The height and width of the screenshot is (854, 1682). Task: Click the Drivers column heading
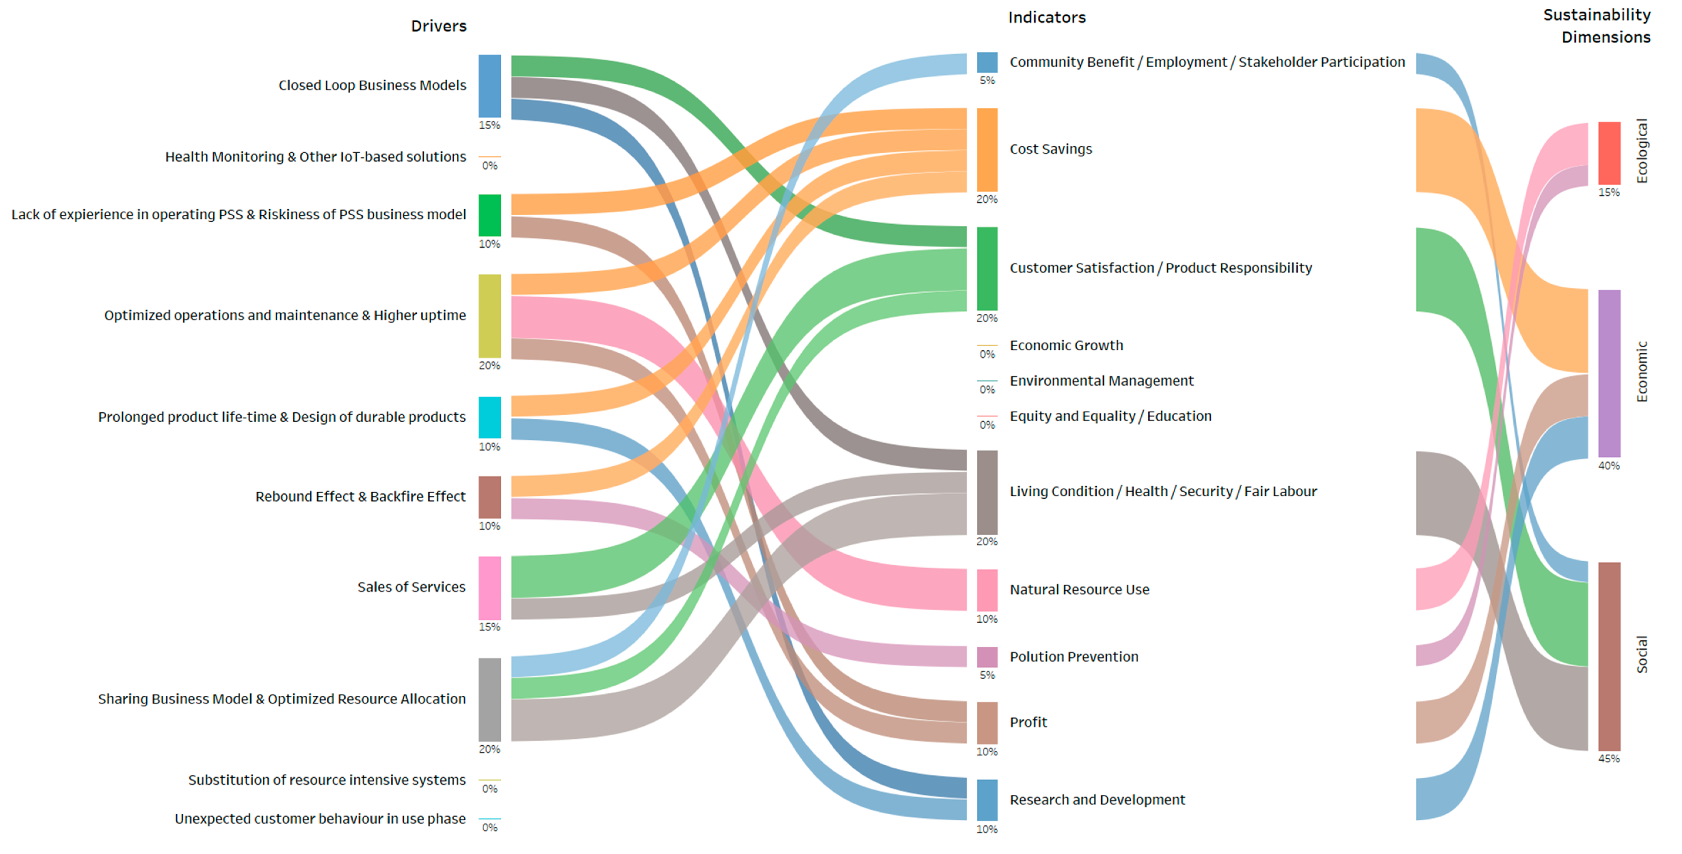(438, 26)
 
